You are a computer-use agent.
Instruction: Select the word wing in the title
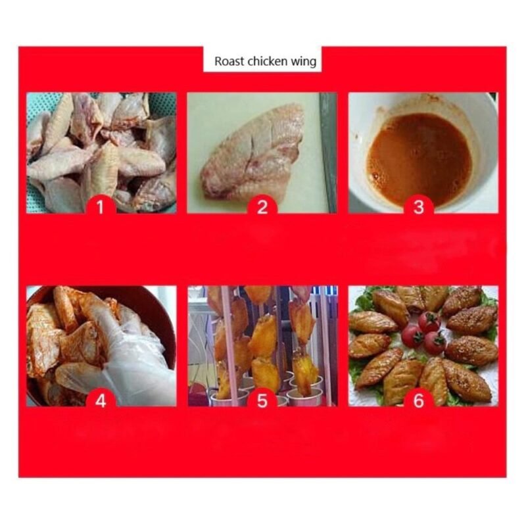(304, 62)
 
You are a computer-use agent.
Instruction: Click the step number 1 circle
(101, 206)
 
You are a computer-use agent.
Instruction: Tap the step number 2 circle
(262, 206)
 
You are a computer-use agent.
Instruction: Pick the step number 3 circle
(418, 206)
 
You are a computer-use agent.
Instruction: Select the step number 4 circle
(101, 400)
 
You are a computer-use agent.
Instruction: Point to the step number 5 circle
(262, 400)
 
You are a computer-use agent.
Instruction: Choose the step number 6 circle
(418, 400)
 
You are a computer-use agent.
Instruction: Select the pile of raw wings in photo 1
(101, 153)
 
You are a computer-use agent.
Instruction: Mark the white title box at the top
(262, 59)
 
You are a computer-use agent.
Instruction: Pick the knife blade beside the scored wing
(327, 153)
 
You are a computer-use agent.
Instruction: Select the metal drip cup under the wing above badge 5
(304, 398)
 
